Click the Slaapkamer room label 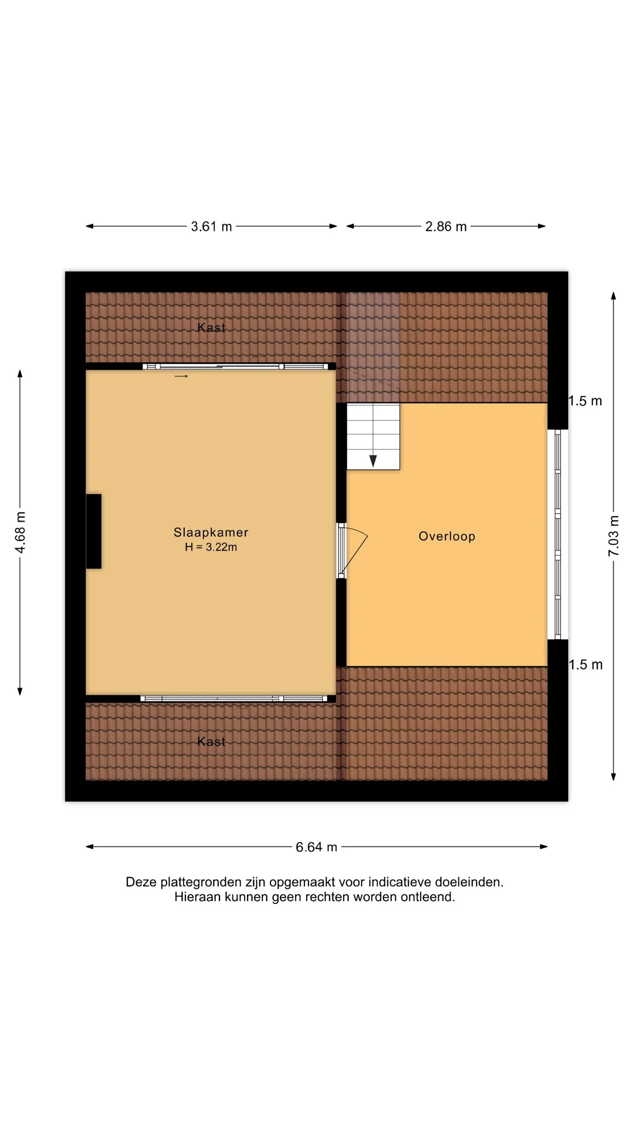click(211, 532)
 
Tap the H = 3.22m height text click(211, 547)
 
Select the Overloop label click(447, 536)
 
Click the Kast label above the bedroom click(211, 327)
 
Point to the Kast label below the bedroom click(211, 741)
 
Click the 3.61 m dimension click(211, 226)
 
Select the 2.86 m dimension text click(446, 226)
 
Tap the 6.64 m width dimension click(316, 847)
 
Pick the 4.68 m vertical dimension click(20, 532)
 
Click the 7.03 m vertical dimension click(614, 536)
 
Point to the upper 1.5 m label click(585, 401)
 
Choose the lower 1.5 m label click(586, 664)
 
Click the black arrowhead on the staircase click(373, 461)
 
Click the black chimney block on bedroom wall click(94, 531)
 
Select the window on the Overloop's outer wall click(558, 534)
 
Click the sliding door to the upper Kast click(235, 367)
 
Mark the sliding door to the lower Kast click(233, 699)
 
